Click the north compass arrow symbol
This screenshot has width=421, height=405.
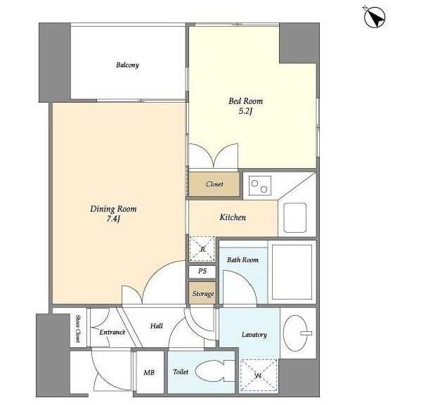click(x=375, y=18)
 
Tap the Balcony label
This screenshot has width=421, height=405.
click(x=127, y=65)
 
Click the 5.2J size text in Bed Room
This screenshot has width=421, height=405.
click(x=245, y=112)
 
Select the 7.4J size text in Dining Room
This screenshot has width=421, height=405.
click(x=112, y=219)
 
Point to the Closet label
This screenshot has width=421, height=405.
click(x=214, y=184)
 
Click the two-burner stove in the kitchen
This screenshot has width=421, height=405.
click(x=259, y=186)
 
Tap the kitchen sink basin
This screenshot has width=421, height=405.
click(x=295, y=217)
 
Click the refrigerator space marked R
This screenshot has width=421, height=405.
click(x=202, y=249)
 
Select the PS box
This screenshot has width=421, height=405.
click(x=202, y=271)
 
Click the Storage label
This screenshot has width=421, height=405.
click(x=203, y=294)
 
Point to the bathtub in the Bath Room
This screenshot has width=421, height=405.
click(x=292, y=272)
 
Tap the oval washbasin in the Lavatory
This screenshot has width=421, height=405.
click(x=296, y=333)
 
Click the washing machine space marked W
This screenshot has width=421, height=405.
click(x=259, y=375)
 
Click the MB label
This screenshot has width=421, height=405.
click(x=149, y=373)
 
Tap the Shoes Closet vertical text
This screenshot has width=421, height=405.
click(x=78, y=329)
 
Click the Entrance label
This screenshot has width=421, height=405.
click(x=112, y=333)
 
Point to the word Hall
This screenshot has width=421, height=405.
click(x=157, y=326)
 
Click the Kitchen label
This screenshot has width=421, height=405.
click(x=233, y=217)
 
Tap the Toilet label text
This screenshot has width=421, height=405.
click(x=181, y=372)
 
